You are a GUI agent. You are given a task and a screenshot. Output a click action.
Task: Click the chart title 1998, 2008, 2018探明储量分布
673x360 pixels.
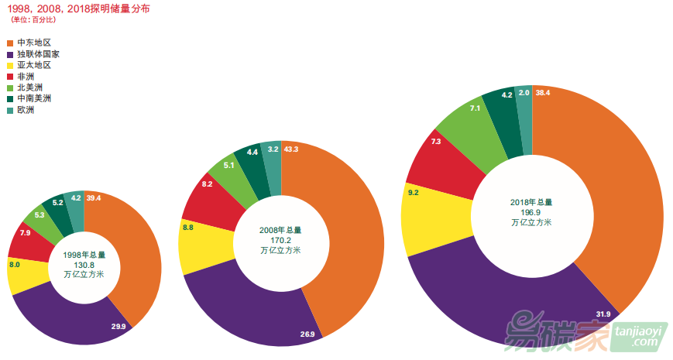click(76, 9)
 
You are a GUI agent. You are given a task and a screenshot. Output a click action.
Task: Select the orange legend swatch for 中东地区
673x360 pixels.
click(10, 43)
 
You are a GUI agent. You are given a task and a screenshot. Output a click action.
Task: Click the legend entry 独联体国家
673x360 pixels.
click(38, 54)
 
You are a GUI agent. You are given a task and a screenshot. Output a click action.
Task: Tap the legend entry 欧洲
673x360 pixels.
click(26, 110)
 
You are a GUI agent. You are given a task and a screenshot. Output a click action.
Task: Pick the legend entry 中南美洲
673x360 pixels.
click(34, 98)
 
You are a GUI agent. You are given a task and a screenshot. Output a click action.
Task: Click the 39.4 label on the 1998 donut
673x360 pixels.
click(94, 198)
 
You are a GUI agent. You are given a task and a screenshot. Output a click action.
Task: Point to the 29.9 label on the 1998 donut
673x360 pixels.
click(118, 327)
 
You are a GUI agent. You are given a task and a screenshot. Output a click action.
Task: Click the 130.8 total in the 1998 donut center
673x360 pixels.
click(84, 264)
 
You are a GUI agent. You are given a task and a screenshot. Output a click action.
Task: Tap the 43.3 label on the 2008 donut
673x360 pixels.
click(291, 149)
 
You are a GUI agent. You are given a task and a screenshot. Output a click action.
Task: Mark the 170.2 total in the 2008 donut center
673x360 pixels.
click(280, 240)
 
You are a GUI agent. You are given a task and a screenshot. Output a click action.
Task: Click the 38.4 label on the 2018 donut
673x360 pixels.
click(543, 93)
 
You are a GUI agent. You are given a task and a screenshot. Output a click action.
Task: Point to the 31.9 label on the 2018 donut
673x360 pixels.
click(603, 314)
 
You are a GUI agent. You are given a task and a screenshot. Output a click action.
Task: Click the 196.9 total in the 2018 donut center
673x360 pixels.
click(531, 212)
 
